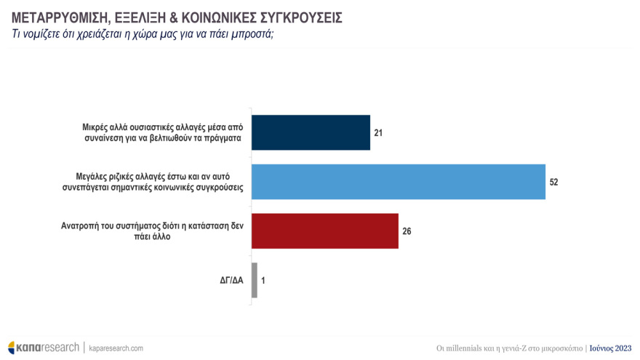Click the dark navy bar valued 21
tap(311, 132)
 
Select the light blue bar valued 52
tap(398, 182)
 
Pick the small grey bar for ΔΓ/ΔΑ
tap(254, 280)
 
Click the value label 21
tap(377, 133)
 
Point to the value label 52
tap(553, 182)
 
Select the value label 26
tap(406, 231)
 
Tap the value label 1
tap(263, 280)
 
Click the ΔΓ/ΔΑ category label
tap(231, 280)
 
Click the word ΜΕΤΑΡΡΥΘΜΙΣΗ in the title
tap(57, 16)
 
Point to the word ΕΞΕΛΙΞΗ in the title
tap(138, 16)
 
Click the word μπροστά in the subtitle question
tap(252, 34)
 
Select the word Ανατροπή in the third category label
tap(81, 225)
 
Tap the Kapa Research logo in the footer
tap(43, 348)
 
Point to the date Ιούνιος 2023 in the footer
tap(610, 348)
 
